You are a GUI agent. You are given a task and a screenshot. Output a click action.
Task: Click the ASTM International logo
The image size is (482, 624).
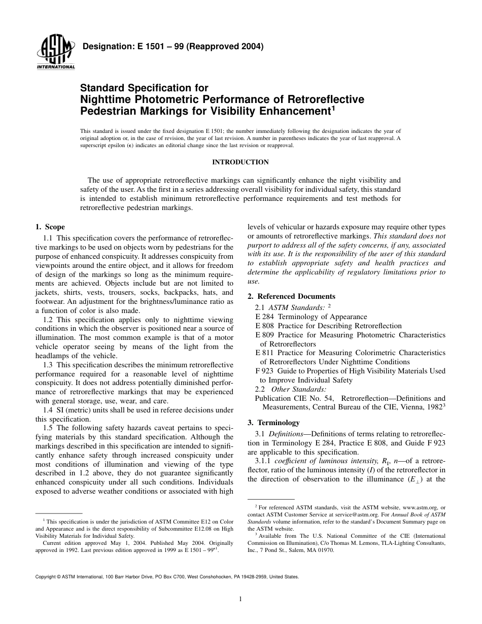coord(55,53)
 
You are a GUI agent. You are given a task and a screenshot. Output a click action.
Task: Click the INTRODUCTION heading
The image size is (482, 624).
coord(240,162)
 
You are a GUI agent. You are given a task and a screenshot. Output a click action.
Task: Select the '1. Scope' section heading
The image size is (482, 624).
coord(50,227)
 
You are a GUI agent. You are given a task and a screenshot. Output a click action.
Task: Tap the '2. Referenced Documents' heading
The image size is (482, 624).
coord(291,296)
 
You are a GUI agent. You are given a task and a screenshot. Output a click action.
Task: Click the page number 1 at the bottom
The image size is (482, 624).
coord(240,599)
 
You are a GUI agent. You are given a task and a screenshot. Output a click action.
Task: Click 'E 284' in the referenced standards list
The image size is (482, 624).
coord(264,317)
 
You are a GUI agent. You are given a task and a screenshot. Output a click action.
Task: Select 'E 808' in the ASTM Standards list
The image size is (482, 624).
coord(264,326)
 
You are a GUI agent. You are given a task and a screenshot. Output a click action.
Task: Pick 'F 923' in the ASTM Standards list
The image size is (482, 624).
coord(264,371)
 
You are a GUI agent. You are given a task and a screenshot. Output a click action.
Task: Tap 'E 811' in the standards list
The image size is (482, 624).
coord(264,353)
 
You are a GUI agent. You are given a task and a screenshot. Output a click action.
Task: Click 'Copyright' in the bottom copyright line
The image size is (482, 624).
coord(46,577)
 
